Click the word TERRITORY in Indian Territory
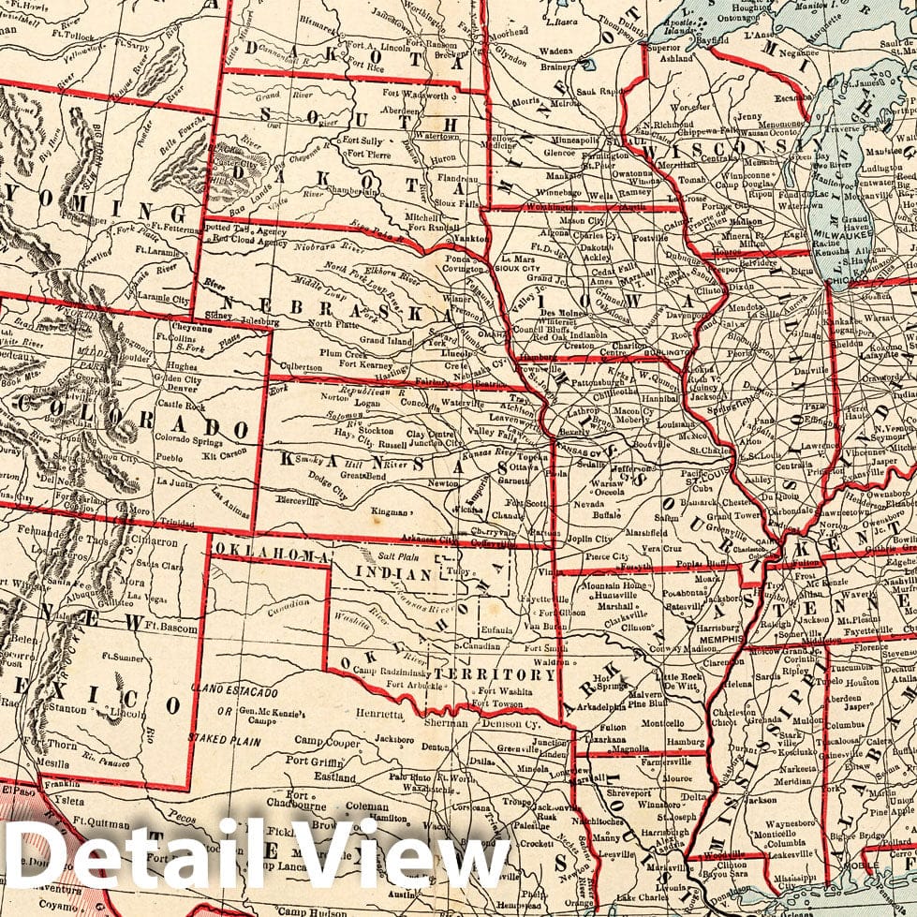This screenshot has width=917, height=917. click(491, 673)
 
